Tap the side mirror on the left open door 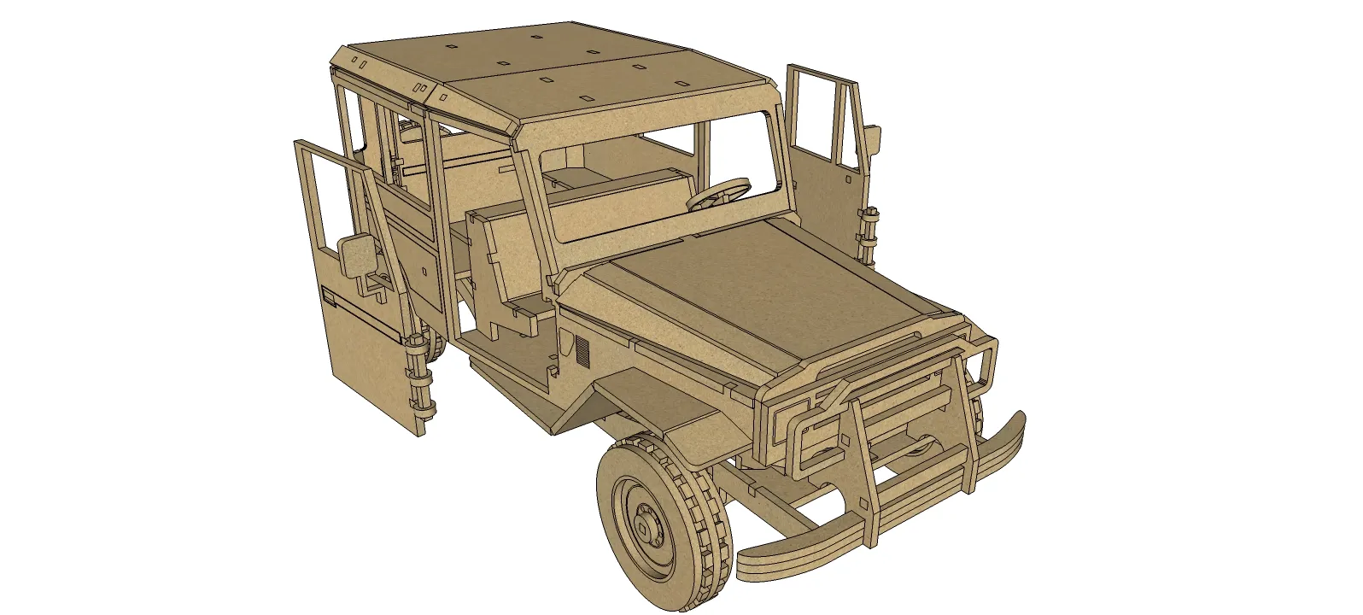[x=357, y=255]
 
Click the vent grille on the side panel [x=582, y=349]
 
